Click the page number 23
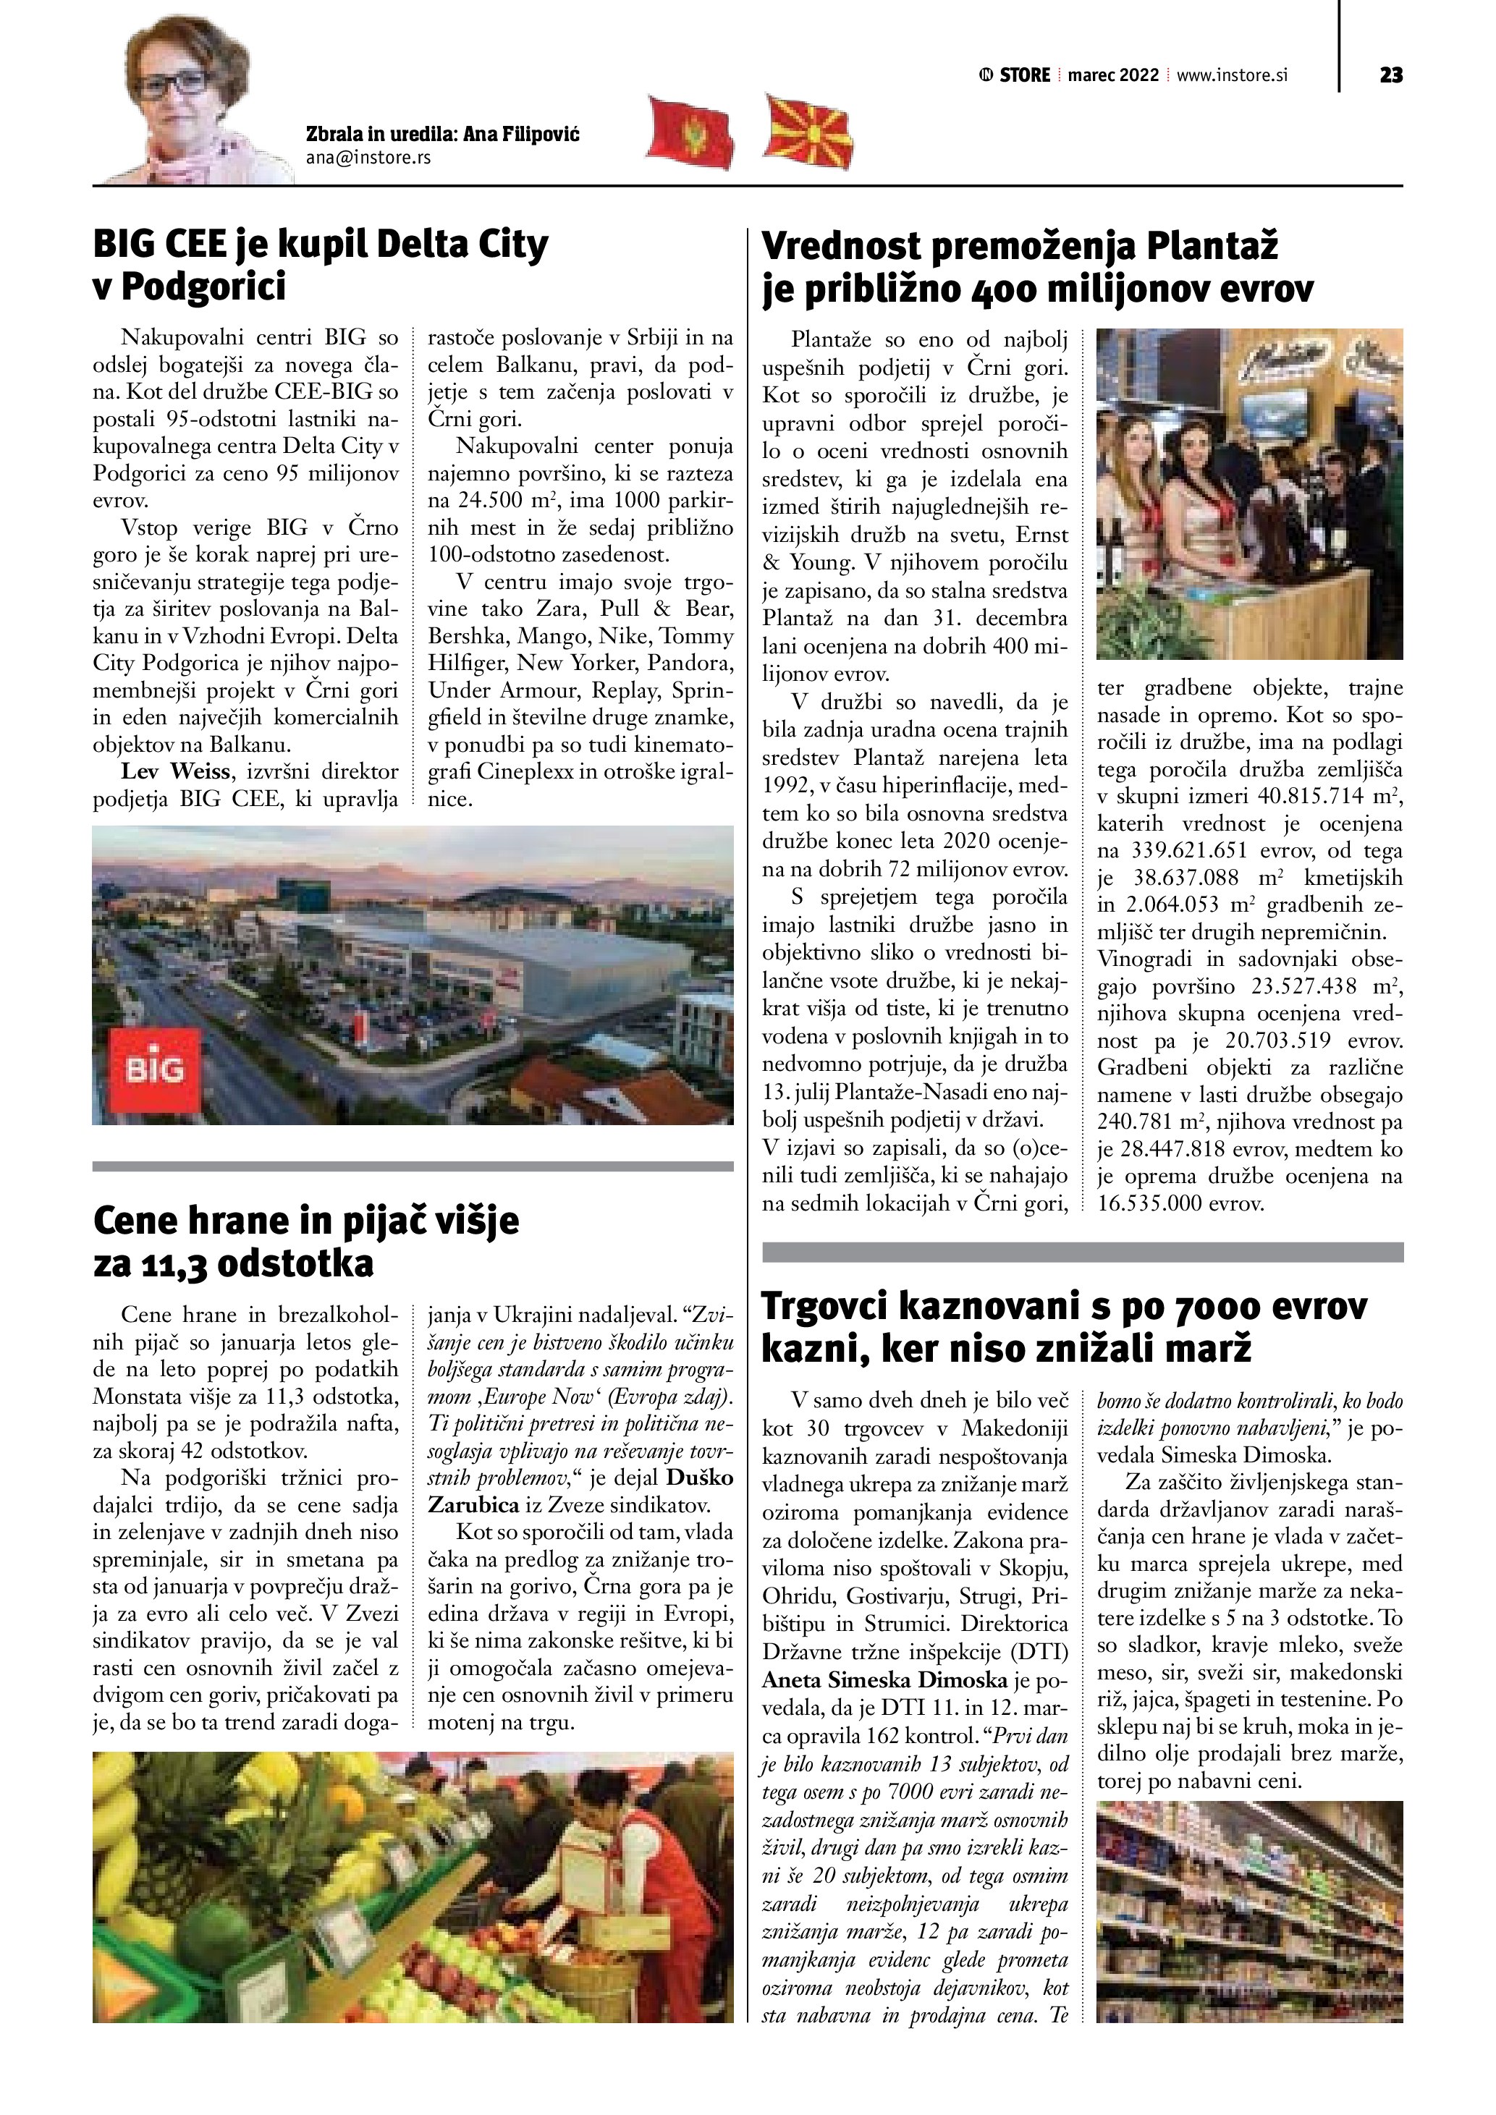(1391, 75)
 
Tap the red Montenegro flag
(690, 134)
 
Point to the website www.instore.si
(1232, 75)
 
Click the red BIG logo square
(155, 1070)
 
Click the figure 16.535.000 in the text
(1149, 1203)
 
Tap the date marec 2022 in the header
(1113, 75)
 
